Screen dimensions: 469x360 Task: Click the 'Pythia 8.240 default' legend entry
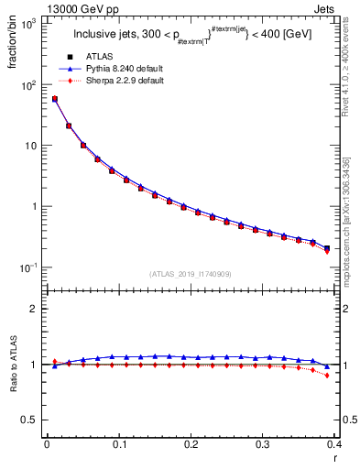(126, 69)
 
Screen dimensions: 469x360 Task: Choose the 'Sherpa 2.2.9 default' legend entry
(126, 81)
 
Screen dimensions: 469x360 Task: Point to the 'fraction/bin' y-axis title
(12, 43)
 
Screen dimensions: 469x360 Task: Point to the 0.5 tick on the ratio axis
(33, 420)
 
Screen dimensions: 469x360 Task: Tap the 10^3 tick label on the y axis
(28, 25)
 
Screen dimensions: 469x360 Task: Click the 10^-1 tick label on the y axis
(28, 267)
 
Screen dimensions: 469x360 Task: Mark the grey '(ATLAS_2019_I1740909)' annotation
(191, 274)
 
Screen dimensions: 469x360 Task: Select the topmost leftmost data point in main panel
(55, 99)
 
